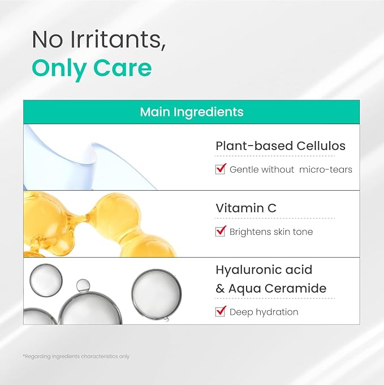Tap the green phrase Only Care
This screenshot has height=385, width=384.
coord(92,67)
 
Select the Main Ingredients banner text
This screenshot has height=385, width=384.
coord(192,112)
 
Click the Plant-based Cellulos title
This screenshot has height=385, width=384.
coord(281,146)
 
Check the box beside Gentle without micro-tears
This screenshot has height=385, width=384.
coord(221,169)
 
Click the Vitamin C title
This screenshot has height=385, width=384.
coord(246,208)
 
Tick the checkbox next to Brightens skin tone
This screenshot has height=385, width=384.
coord(221,231)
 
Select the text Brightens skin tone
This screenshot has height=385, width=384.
coord(271,232)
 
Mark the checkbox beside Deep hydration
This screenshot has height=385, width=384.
coord(221,311)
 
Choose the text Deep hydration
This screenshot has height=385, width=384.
coord(264,312)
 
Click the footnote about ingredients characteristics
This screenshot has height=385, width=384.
coord(76,356)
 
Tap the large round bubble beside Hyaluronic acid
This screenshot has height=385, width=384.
coord(157,294)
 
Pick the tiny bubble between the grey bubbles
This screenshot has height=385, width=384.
coord(83,285)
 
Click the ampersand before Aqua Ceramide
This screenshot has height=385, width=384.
coord(220,289)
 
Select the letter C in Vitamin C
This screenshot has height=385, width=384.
coord(271,208)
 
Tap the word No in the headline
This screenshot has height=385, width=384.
coord(46,40)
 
